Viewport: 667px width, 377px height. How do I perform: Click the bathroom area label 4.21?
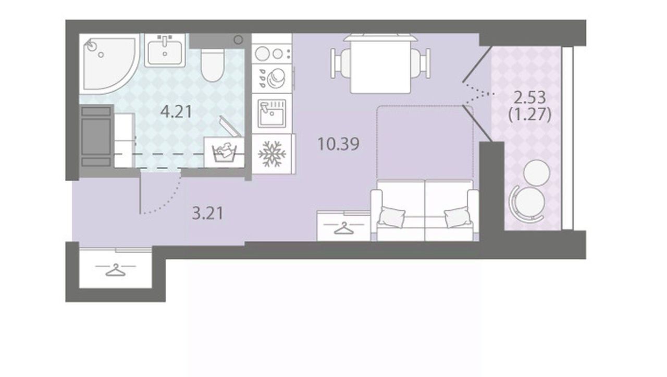(x=176, y=112)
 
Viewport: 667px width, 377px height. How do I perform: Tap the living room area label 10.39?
(x=339, y=144)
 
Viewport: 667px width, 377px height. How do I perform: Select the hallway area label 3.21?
(x=207, y=213)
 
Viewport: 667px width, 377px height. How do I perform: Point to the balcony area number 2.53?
(x=530, y=97)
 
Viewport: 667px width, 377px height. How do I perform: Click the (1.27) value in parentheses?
(x=530, y=115)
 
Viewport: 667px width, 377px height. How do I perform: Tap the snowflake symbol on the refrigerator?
(x=272, y=154)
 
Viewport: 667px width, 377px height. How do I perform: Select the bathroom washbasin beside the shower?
(x=165, y=51)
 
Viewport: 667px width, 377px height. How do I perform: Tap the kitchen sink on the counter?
(x=271, y=114)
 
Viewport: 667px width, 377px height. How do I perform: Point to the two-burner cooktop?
(x=272, y=54)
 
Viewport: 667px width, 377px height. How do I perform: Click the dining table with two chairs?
(x=380, y=64)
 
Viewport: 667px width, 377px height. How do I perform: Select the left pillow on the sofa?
(x=391, y=216)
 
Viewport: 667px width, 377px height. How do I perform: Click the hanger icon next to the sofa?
(x=343, y=228)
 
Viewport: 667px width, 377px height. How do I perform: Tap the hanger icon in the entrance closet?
(x=116, y=270)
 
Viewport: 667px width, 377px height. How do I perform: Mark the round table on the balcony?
(x=536, y=173)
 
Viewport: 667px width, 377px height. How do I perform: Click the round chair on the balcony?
(x=527, y=204)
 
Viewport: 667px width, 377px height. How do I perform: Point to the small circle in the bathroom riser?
(x=238, y=40)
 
